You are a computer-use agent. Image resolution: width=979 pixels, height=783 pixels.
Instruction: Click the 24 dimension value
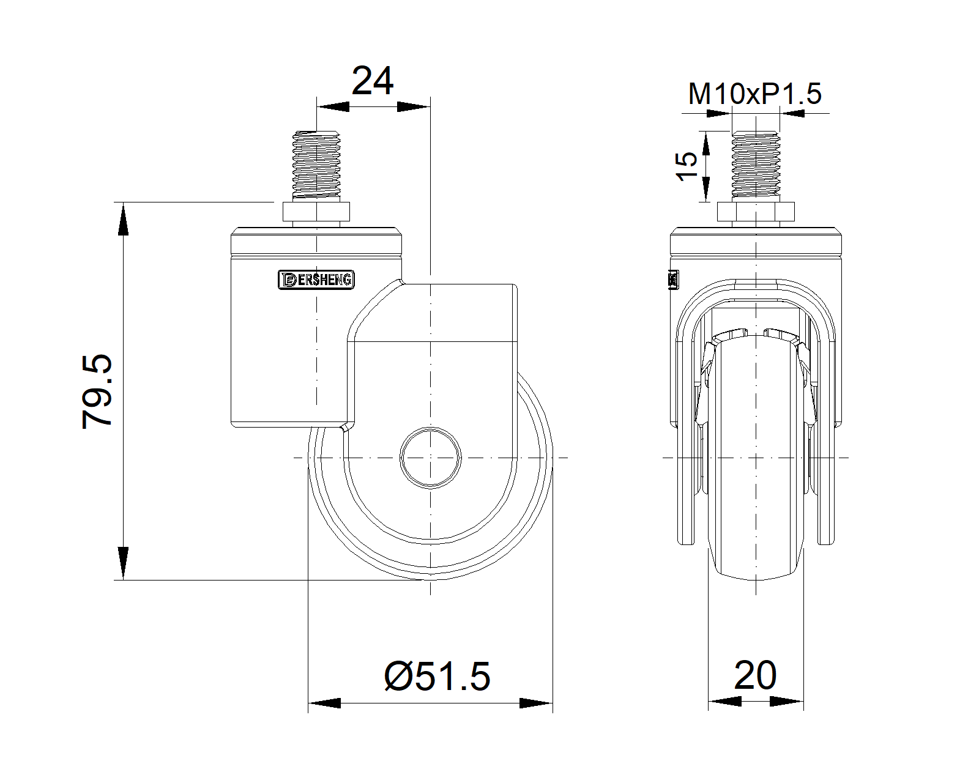pos(373,81)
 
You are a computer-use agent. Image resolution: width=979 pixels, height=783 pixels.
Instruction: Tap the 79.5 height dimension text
pos(98,391)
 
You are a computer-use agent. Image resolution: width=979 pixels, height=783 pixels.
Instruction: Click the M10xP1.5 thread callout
pos(754,94)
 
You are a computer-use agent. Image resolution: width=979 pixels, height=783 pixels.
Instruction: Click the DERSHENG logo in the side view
pos(316,280)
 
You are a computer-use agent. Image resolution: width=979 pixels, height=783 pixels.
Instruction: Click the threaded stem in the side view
pos(316,165)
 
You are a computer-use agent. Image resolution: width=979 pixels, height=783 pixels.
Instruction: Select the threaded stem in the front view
pos(756,165)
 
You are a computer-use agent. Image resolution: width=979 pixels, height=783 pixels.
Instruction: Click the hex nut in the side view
pos(316,212)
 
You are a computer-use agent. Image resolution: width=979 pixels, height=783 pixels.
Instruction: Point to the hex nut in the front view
pos(756,212)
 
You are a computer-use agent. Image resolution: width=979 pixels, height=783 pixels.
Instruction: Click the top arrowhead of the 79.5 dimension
pos(124,218)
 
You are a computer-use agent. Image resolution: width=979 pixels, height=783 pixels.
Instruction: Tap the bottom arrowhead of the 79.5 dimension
pos(124,563)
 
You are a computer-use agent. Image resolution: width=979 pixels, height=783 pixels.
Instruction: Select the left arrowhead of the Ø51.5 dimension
pos(324,703)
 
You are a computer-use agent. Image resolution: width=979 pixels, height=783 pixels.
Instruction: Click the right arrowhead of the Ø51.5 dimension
pos(536,703)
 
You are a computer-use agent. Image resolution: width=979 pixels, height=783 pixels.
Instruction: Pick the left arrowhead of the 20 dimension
pos(724,702)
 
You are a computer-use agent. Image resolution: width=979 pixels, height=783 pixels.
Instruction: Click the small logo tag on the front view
pos(674,280)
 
